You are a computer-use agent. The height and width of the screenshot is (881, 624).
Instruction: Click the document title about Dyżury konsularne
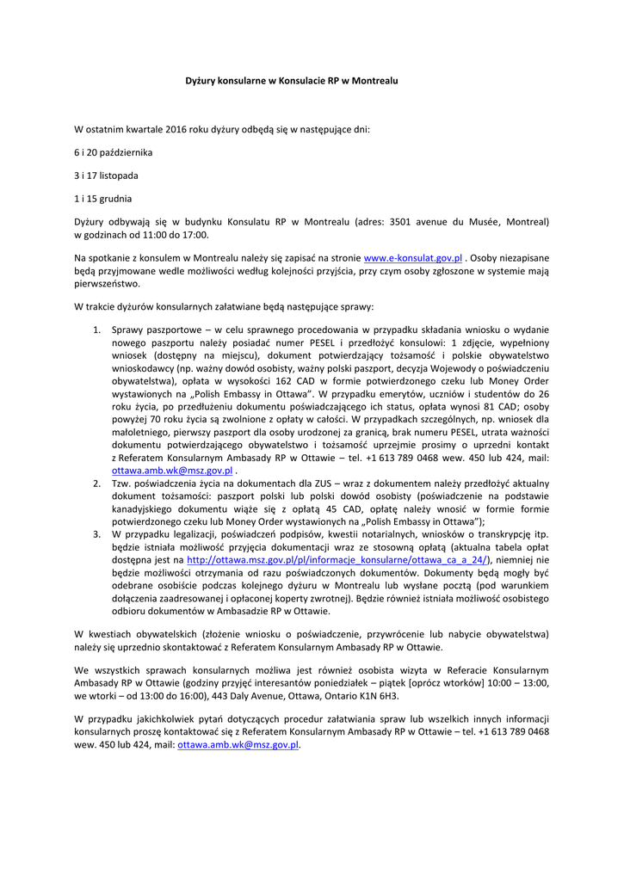pos(293,80)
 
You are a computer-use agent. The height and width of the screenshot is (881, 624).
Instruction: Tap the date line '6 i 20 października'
pos(113,152)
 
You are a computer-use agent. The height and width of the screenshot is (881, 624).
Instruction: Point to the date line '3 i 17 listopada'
pos(106,176)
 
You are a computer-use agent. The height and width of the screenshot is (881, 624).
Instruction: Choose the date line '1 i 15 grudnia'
pos(103,198)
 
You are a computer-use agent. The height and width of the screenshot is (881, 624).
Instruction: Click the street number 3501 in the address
pos(403,221)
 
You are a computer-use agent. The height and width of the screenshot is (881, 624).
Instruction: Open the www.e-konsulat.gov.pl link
pos(413,257)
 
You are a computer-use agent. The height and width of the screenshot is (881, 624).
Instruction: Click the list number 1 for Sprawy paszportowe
pos(97,330)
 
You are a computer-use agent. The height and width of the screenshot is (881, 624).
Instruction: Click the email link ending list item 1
pos(172,471)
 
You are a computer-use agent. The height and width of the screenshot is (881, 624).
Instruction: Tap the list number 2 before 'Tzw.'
pos(97,484)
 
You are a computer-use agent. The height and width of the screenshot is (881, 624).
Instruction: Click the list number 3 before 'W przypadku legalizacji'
pos(97,535)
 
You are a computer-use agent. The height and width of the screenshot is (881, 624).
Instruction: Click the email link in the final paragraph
pos(238,745)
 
